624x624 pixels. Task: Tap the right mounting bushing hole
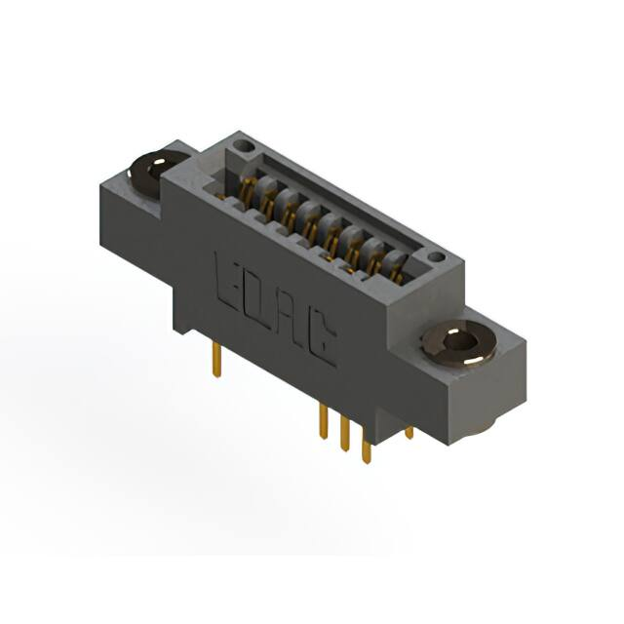pyautogui.click(x=460, y=342)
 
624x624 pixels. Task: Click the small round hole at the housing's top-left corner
pyautogui.click(x=243, y=145)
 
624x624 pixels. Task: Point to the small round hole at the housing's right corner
pyautogui.click(x=436, y=257)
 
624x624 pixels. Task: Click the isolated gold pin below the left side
pyautogui.click(x=216, y=360)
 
